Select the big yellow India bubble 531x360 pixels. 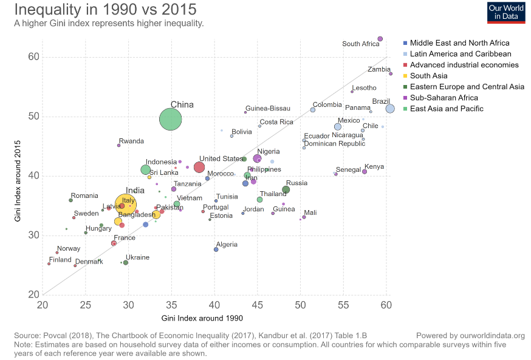point(126,205)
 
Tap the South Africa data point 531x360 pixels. point(380,39)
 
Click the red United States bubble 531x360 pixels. point(199,167)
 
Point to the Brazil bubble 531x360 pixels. point(390,109)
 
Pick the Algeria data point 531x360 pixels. point(216,250)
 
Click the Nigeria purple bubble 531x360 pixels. point(257,158)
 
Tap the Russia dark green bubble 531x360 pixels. point(286,190)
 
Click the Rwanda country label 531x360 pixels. point(131,141)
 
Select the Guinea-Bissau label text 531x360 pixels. point(268,109)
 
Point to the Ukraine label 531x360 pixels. point(137,257)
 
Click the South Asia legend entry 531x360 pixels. point(428,76)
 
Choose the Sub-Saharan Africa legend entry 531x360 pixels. point(444,98)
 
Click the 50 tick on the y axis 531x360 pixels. point(32,117)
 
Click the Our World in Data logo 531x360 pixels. point(506,12)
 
